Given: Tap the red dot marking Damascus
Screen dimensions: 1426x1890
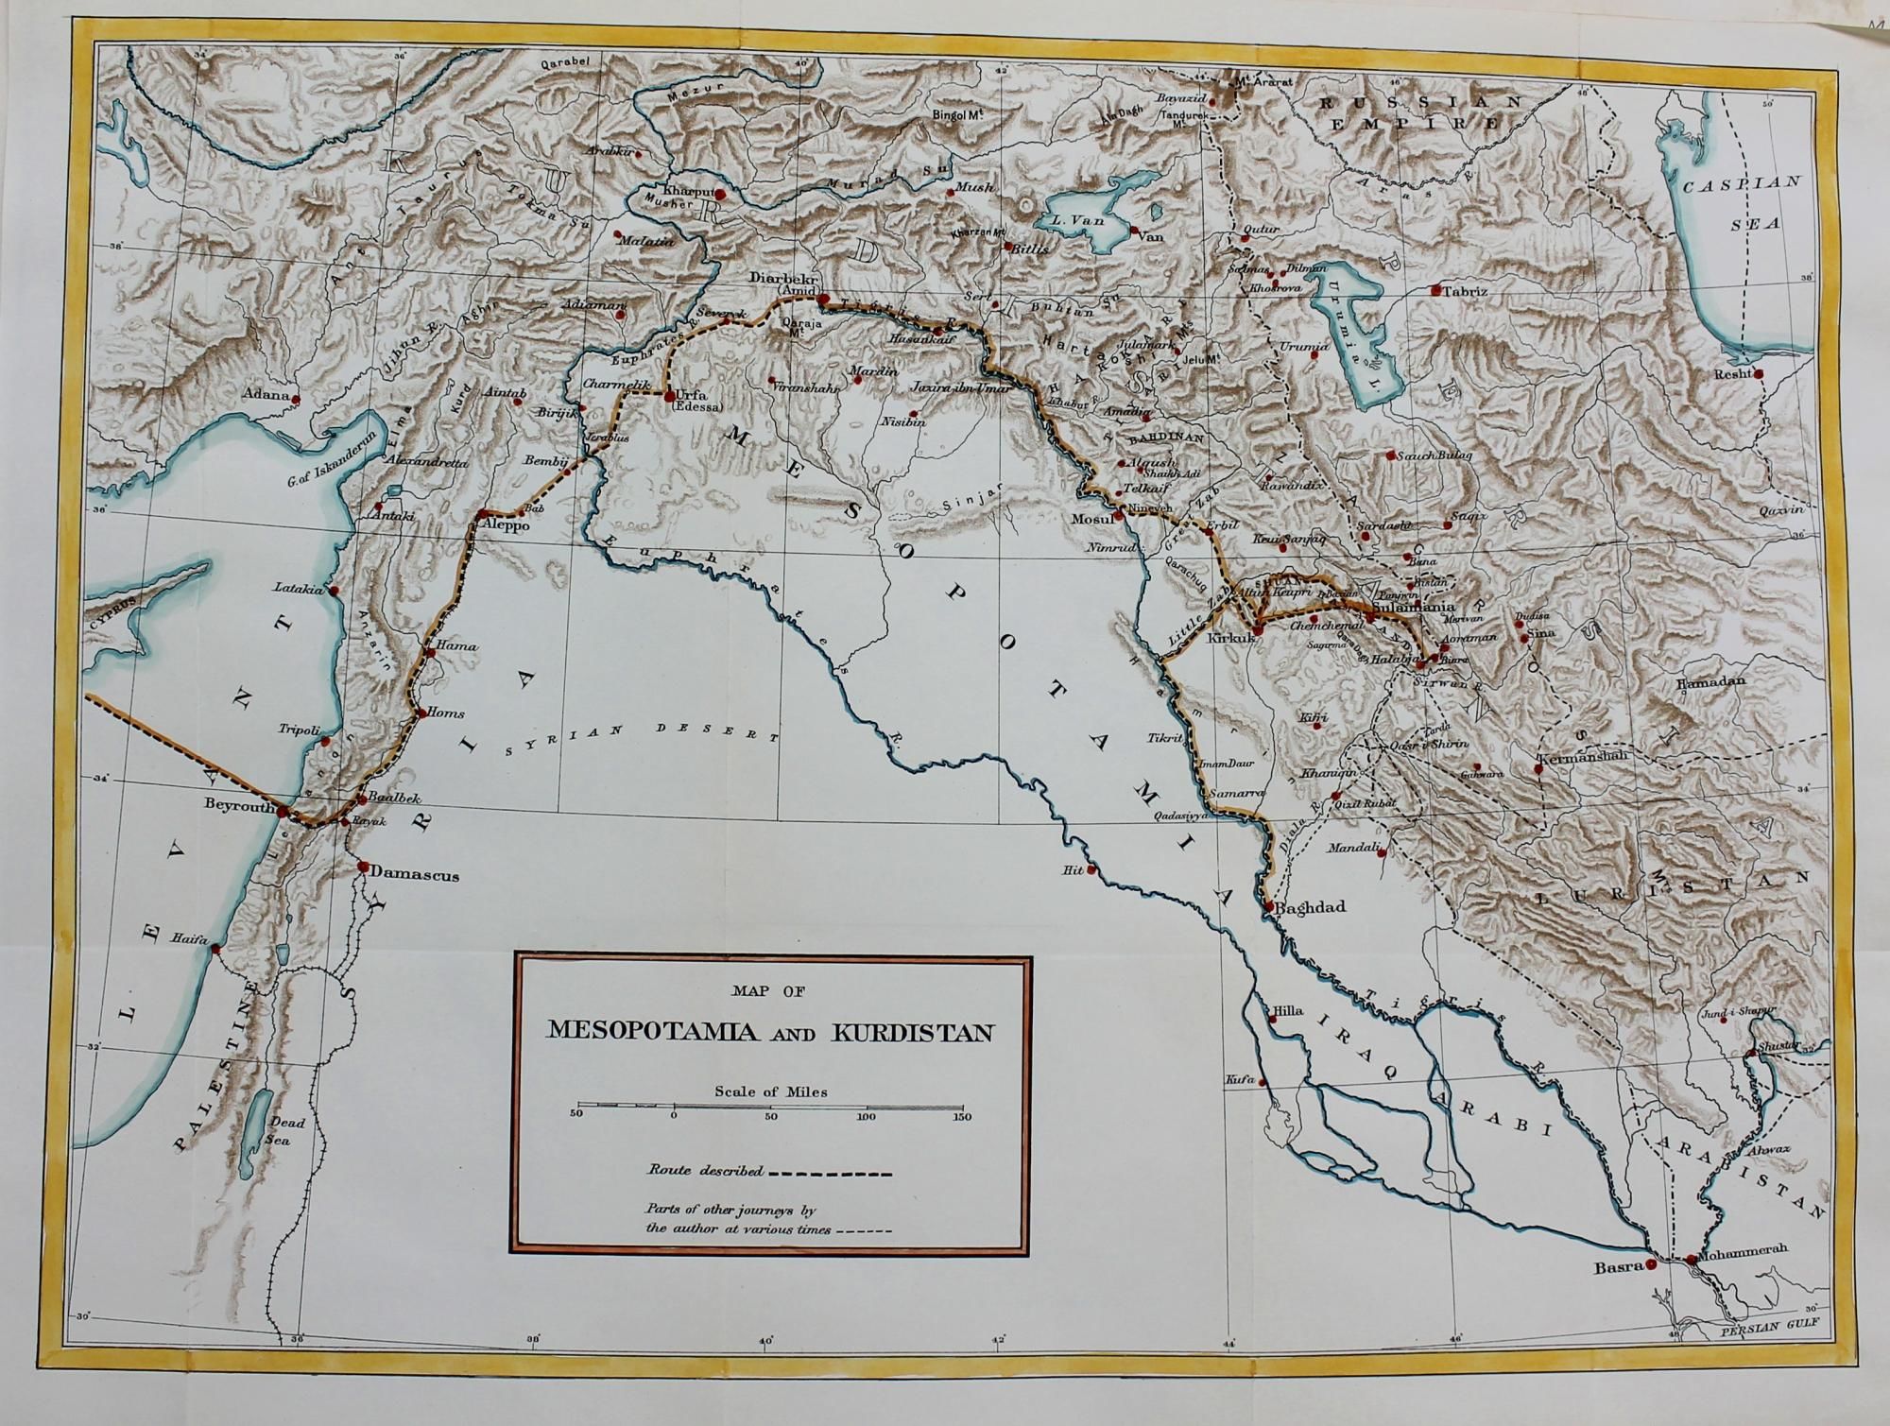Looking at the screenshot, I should (363, 866).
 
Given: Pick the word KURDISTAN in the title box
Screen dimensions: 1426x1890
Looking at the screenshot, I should (912, 1033).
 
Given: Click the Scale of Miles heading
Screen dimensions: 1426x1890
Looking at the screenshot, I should (771, 1091).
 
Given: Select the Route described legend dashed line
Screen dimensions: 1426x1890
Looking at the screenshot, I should (830, 1175).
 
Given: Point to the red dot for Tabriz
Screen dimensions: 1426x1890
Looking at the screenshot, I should (1435, 290).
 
